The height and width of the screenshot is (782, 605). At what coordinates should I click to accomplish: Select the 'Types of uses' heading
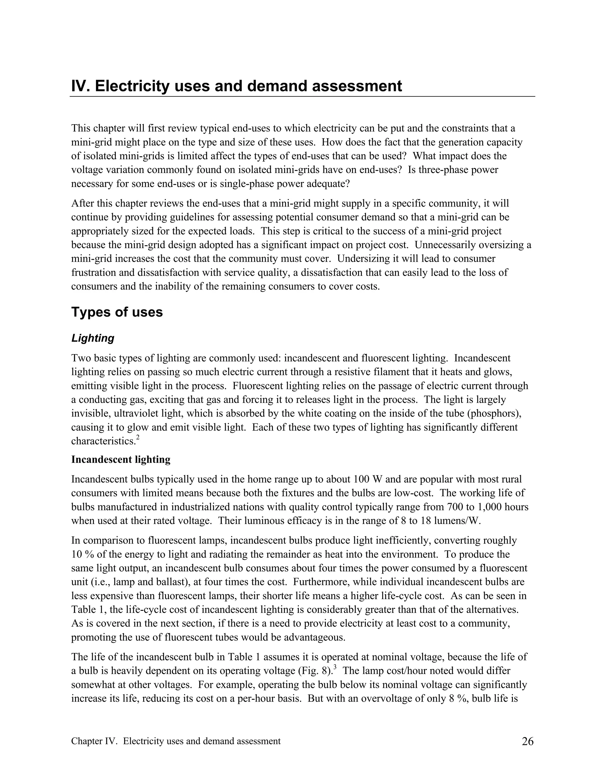(117, 312)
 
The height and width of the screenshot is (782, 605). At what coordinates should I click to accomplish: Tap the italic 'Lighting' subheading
(93, 338)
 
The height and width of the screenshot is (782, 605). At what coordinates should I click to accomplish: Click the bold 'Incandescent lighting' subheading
(121, 459)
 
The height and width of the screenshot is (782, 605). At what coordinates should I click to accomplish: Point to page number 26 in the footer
(528, 741)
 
